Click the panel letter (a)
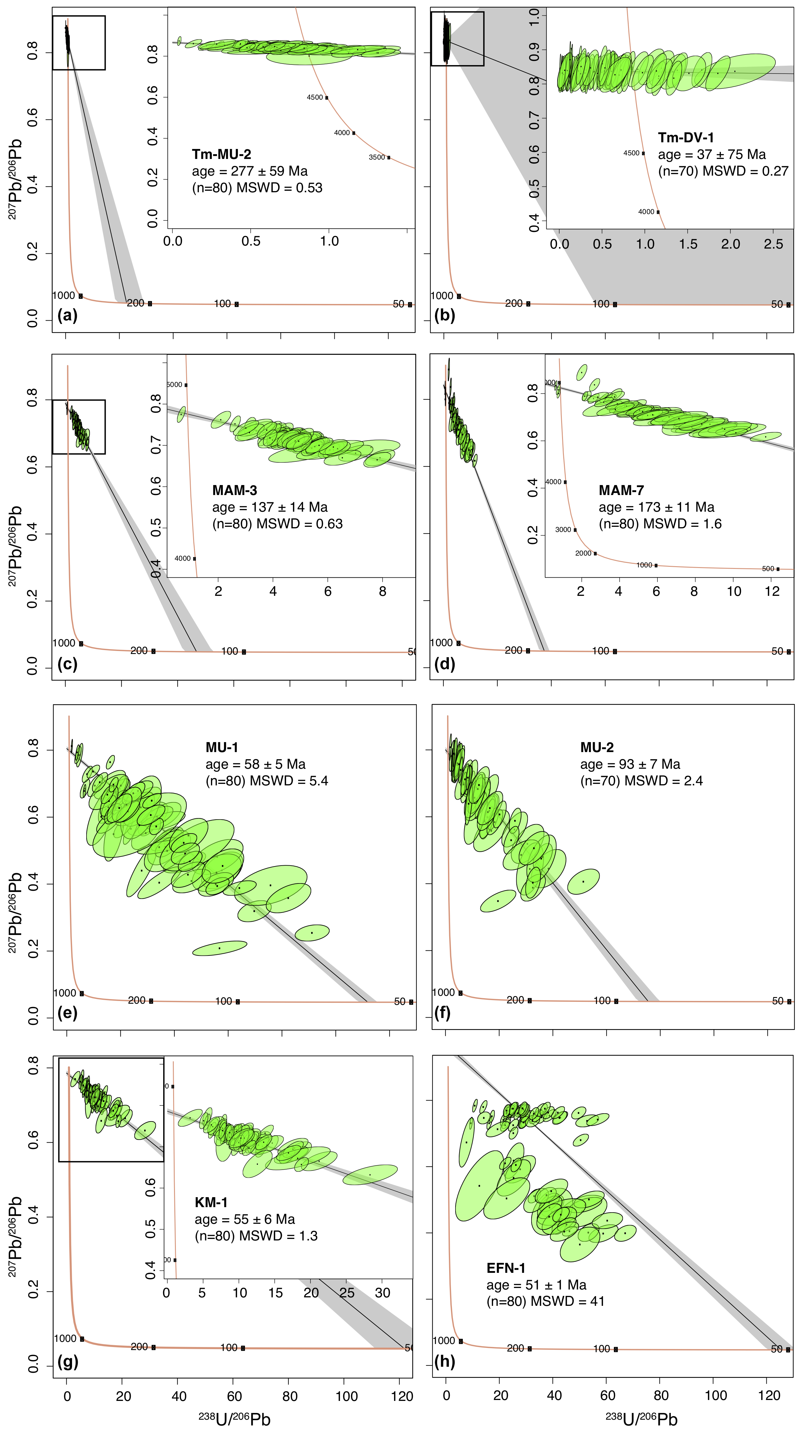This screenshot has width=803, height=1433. (x=67, y=315)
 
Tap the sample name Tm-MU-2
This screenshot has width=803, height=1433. (x=221, y=154)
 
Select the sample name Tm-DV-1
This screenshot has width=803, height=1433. (x=686, y=137)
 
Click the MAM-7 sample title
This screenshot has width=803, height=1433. (x=621, y=490)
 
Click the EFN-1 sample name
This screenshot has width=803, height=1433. (x=505, y=1268)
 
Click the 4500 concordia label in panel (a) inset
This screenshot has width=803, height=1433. (x=315, y=97)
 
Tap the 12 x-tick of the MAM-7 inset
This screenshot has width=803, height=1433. (x=772, y=591)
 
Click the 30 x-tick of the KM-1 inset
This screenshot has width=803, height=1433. (x=382, y=1292)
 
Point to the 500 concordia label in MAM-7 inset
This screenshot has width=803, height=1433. (x=768, y=569)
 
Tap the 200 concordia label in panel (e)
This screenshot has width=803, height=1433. (x=137, y=1000)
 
